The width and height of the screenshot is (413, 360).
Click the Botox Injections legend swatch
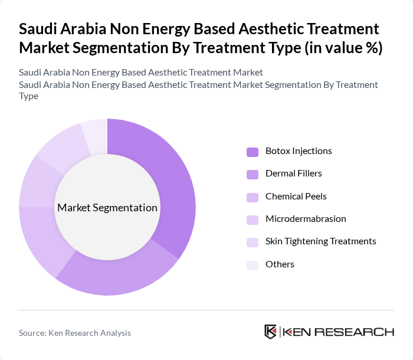253,152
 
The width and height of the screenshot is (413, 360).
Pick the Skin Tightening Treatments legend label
320,241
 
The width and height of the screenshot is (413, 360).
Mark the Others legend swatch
253,265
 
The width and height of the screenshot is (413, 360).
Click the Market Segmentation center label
107,208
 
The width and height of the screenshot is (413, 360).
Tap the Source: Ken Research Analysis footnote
75,333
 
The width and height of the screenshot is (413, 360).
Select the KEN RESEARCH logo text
339,332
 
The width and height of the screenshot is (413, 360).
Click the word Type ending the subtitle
29,96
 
